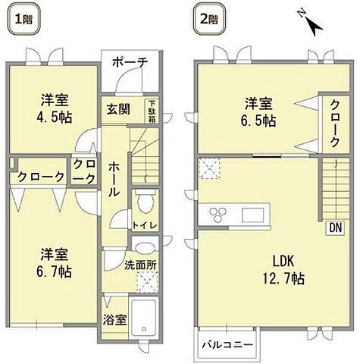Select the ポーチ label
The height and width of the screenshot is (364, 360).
131,62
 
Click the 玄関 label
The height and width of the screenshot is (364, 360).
117,109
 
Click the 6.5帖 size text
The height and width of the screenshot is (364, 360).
259,121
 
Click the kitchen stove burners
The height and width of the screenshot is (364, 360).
215,212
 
